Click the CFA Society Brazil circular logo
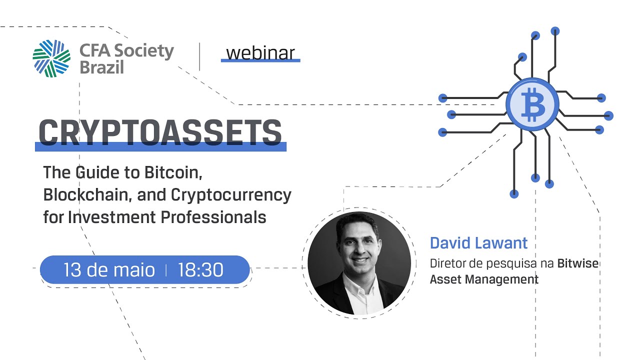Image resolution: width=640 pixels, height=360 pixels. (51, 58)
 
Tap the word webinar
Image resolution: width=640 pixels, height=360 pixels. (260, 52)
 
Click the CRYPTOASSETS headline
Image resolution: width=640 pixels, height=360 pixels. (160, 132)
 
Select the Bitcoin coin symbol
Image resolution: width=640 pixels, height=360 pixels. (532, 104)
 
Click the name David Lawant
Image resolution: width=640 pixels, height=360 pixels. (478, 243)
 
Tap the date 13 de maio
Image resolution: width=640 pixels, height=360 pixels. (109, 270)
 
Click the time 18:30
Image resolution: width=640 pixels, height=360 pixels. (200, 270)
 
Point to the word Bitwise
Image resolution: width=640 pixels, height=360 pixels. (577, 263)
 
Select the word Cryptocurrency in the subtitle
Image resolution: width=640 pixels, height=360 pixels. (231, 194)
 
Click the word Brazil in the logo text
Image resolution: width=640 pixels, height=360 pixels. (101, 67)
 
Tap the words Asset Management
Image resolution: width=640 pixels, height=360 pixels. (484, 279)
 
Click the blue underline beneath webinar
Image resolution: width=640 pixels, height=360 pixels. (260, 60)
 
